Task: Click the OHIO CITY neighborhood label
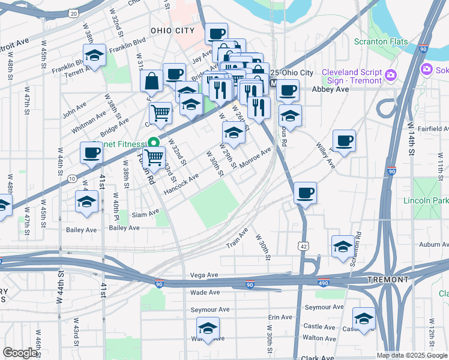coord(173,31)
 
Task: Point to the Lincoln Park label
coord(426,200)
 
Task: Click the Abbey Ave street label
coord(330,89)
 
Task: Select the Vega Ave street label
coord(203,275)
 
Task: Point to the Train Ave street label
coord(237,238)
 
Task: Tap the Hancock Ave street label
coord(180,184)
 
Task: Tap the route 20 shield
coord(73,12)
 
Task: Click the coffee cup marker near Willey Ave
coord(345,142)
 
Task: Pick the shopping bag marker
coord(152,80)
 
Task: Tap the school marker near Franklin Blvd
coord(94,56)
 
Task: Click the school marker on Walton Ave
coord(208,328)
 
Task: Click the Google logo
coord(20,352)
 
